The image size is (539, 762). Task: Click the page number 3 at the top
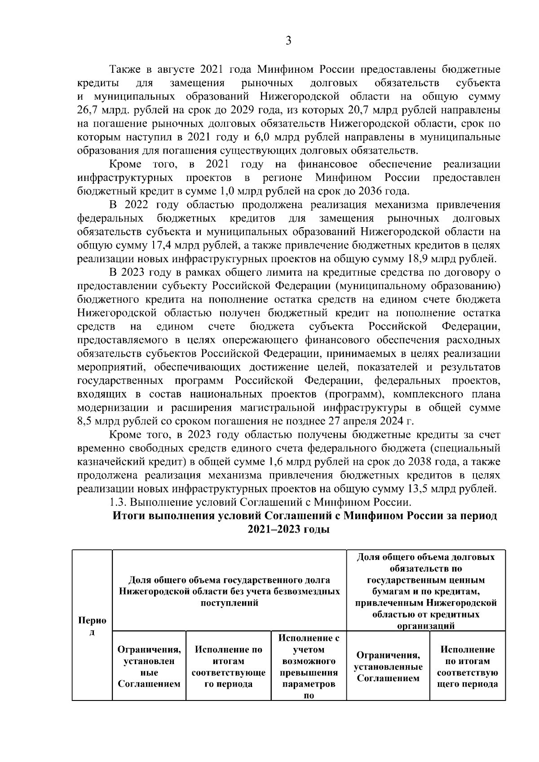tap(289, 41)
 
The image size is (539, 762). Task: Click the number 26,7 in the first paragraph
tap(89, 110)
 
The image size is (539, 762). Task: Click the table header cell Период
tap(92, 626)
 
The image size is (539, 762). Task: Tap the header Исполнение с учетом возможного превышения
tap(309, 666)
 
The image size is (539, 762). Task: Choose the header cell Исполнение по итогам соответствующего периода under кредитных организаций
tap(467, 666)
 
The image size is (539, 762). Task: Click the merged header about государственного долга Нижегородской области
tap(229, 591)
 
